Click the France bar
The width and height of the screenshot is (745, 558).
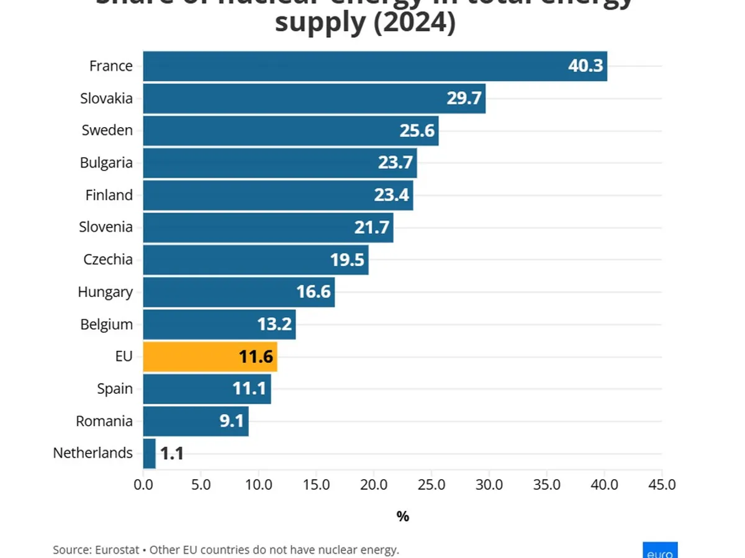[374, 66]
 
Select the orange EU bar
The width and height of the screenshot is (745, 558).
[210, 356]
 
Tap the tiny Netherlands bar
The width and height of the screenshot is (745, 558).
[149, 453]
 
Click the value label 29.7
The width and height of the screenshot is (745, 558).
[464, 98]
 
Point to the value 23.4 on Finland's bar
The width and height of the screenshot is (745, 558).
[391, 195]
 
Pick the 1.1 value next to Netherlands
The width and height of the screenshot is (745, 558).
[171, 453]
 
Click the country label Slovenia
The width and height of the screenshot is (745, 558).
[106, 227]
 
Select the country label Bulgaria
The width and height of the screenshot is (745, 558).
[106, 162]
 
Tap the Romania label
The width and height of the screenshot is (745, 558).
[104, 421]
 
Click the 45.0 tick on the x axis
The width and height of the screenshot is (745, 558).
[662, 484]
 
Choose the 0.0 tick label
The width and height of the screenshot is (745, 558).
[143, 484]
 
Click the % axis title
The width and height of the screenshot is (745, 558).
[402, 516]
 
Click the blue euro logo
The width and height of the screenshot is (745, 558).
[659, 551]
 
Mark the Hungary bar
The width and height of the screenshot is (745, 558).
[238, 292]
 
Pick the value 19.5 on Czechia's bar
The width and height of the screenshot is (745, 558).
[347, 259]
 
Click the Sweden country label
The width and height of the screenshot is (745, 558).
[107, 130]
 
